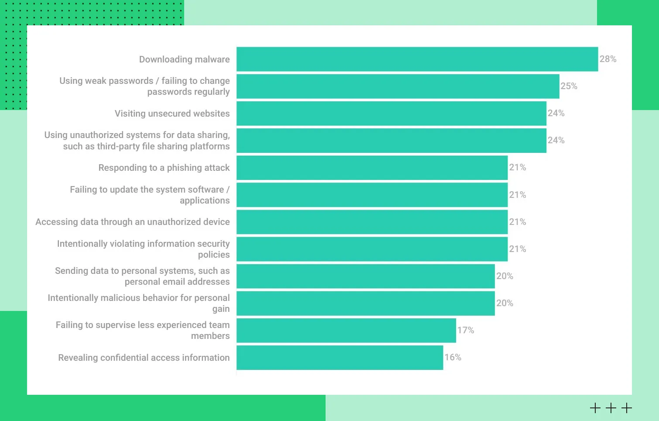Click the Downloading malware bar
click(417, 59)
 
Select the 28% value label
click(608, 59)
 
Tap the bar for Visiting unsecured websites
click(391, 114)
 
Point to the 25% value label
click(569, 86)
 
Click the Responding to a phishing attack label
click(164, 168)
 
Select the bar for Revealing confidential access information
click(340, 358)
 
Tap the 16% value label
click(453, 357)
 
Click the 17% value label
click(465, 330)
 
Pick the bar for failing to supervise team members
click(346, 331)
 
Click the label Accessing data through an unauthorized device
click(132, 222)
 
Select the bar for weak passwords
click(398, 86)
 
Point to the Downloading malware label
click(184, 59)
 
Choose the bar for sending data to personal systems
click(365, 276)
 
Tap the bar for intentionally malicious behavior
click(365, 304)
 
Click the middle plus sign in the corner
click(611, 408)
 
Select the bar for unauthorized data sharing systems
click(391, 141)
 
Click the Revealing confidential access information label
click(144, 358)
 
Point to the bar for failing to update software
click(372, 195)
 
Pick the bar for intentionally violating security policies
click(372, 249)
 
